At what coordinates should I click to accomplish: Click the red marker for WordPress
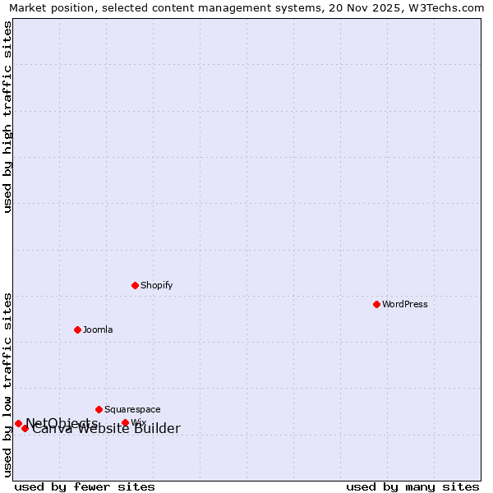[376, 304]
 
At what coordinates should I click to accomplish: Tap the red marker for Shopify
[135, 285]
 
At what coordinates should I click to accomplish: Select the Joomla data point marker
[77, 329]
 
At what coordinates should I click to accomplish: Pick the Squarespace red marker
[99, 409]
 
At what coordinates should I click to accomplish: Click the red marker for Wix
[125, 423]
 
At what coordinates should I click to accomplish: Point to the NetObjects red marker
[18, 423]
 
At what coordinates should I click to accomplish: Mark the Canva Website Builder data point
[25, 428]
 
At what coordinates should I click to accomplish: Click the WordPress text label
[405, 304]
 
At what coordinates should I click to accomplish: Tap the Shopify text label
[156, 285]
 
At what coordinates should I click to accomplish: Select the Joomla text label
[98, 329]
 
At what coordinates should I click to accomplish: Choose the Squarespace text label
[132, 409]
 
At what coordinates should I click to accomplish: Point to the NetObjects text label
[62, 422]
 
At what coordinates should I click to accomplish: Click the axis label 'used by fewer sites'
[85, 486]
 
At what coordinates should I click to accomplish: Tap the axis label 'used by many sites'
[412, 486]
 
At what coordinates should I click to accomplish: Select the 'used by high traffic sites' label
[8, 117]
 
